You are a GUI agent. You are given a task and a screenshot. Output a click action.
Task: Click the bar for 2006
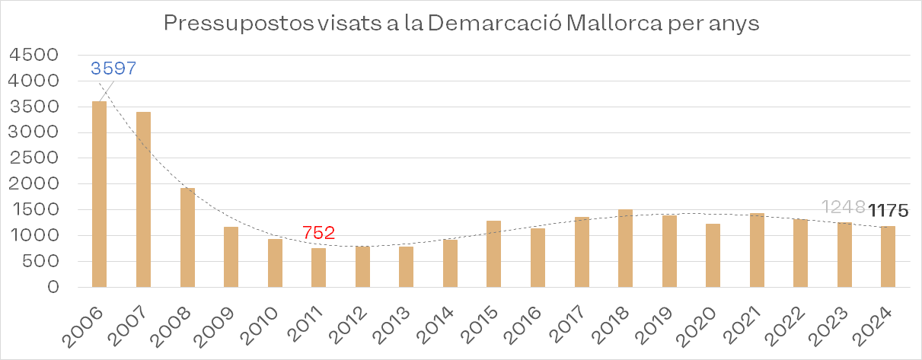(x=99, y=194)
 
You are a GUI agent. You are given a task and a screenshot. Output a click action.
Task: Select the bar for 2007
(x=143, y=199)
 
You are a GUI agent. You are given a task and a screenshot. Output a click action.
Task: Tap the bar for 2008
(x=187, y=237)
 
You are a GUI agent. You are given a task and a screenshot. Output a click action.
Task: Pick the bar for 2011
(x=319, y=268)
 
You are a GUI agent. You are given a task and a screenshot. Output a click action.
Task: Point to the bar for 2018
(x=626, y=248)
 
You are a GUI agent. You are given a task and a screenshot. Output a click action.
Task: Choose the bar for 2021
(x=757, y=250)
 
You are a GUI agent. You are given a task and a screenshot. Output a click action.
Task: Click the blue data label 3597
(x=113, y=68)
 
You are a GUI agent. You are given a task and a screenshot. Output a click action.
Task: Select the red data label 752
(x=319, y=233)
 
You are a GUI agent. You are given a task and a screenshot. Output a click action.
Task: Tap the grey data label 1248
(x=844, y=207)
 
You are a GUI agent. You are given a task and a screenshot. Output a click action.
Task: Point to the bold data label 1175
(x=889, y=209)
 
